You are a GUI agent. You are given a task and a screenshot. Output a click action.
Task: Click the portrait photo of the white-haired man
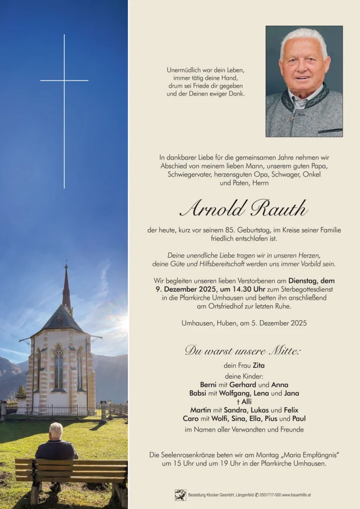(304, 81)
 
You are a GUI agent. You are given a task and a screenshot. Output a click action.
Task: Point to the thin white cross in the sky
(64, 99)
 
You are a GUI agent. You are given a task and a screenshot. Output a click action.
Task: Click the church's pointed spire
(66, 287)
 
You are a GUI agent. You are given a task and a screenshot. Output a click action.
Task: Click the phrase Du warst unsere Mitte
(243, 351)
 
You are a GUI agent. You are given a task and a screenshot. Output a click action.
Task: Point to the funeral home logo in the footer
(180, 495)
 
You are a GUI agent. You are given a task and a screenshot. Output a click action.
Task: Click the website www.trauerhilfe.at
(297, 495)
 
